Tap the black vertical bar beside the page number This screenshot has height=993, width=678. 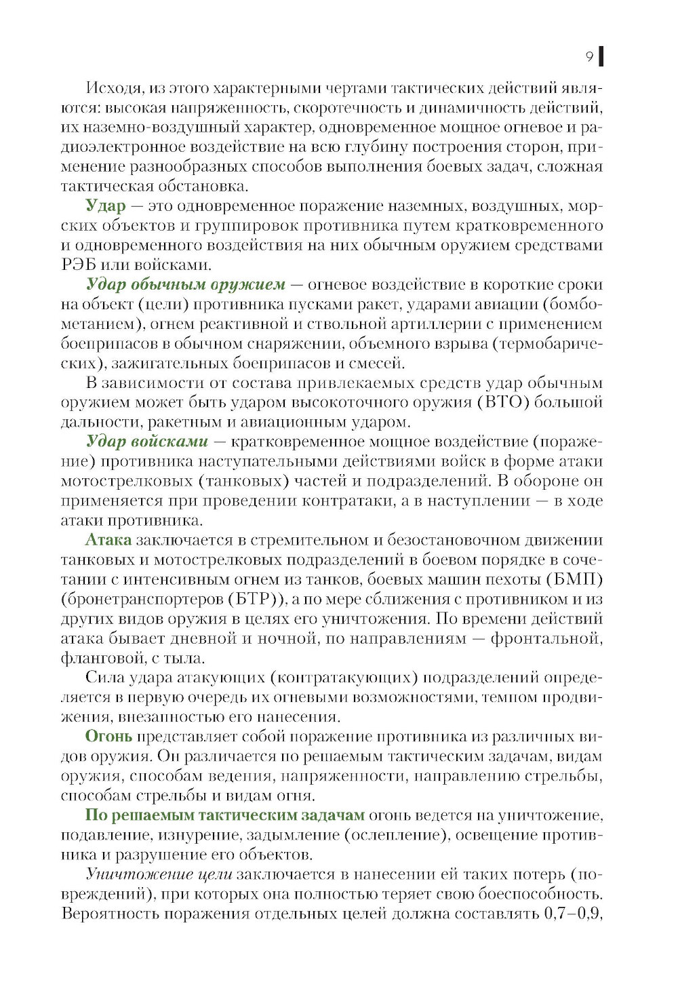click(601, 57)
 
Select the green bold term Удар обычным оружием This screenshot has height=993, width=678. click(186, 284)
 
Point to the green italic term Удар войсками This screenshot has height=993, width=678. click(146, 442)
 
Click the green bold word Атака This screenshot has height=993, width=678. click(108, 540)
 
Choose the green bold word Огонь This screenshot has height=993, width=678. click(108, 737)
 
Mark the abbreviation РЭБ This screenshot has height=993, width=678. click(80, 265)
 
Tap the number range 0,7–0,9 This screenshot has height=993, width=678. click(572, 914)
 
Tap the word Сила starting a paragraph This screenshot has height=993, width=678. click(102, 678)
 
